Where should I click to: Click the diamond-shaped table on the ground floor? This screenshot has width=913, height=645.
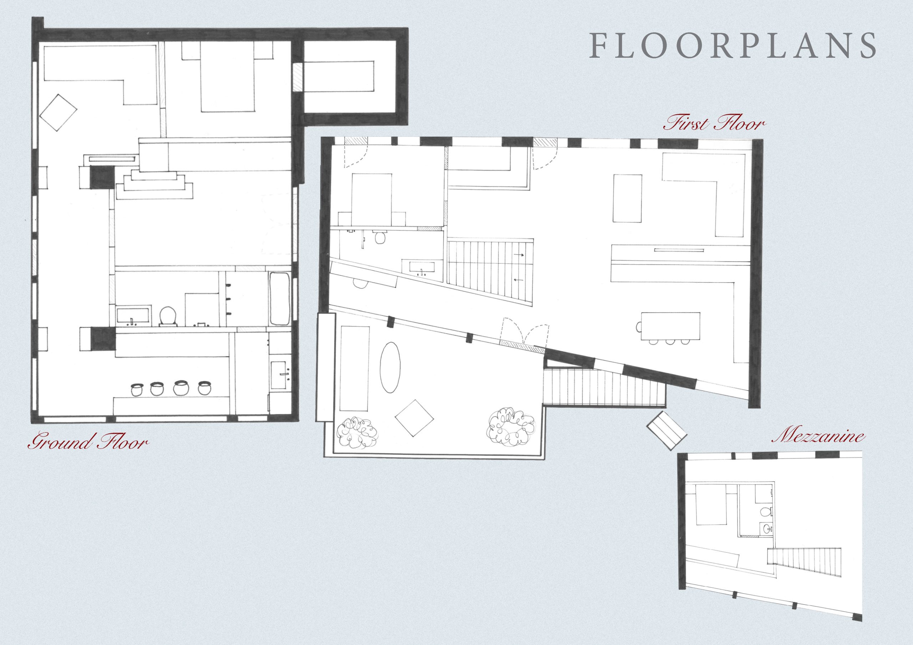point(58,112)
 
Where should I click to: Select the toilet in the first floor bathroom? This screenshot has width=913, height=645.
point(381,238)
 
